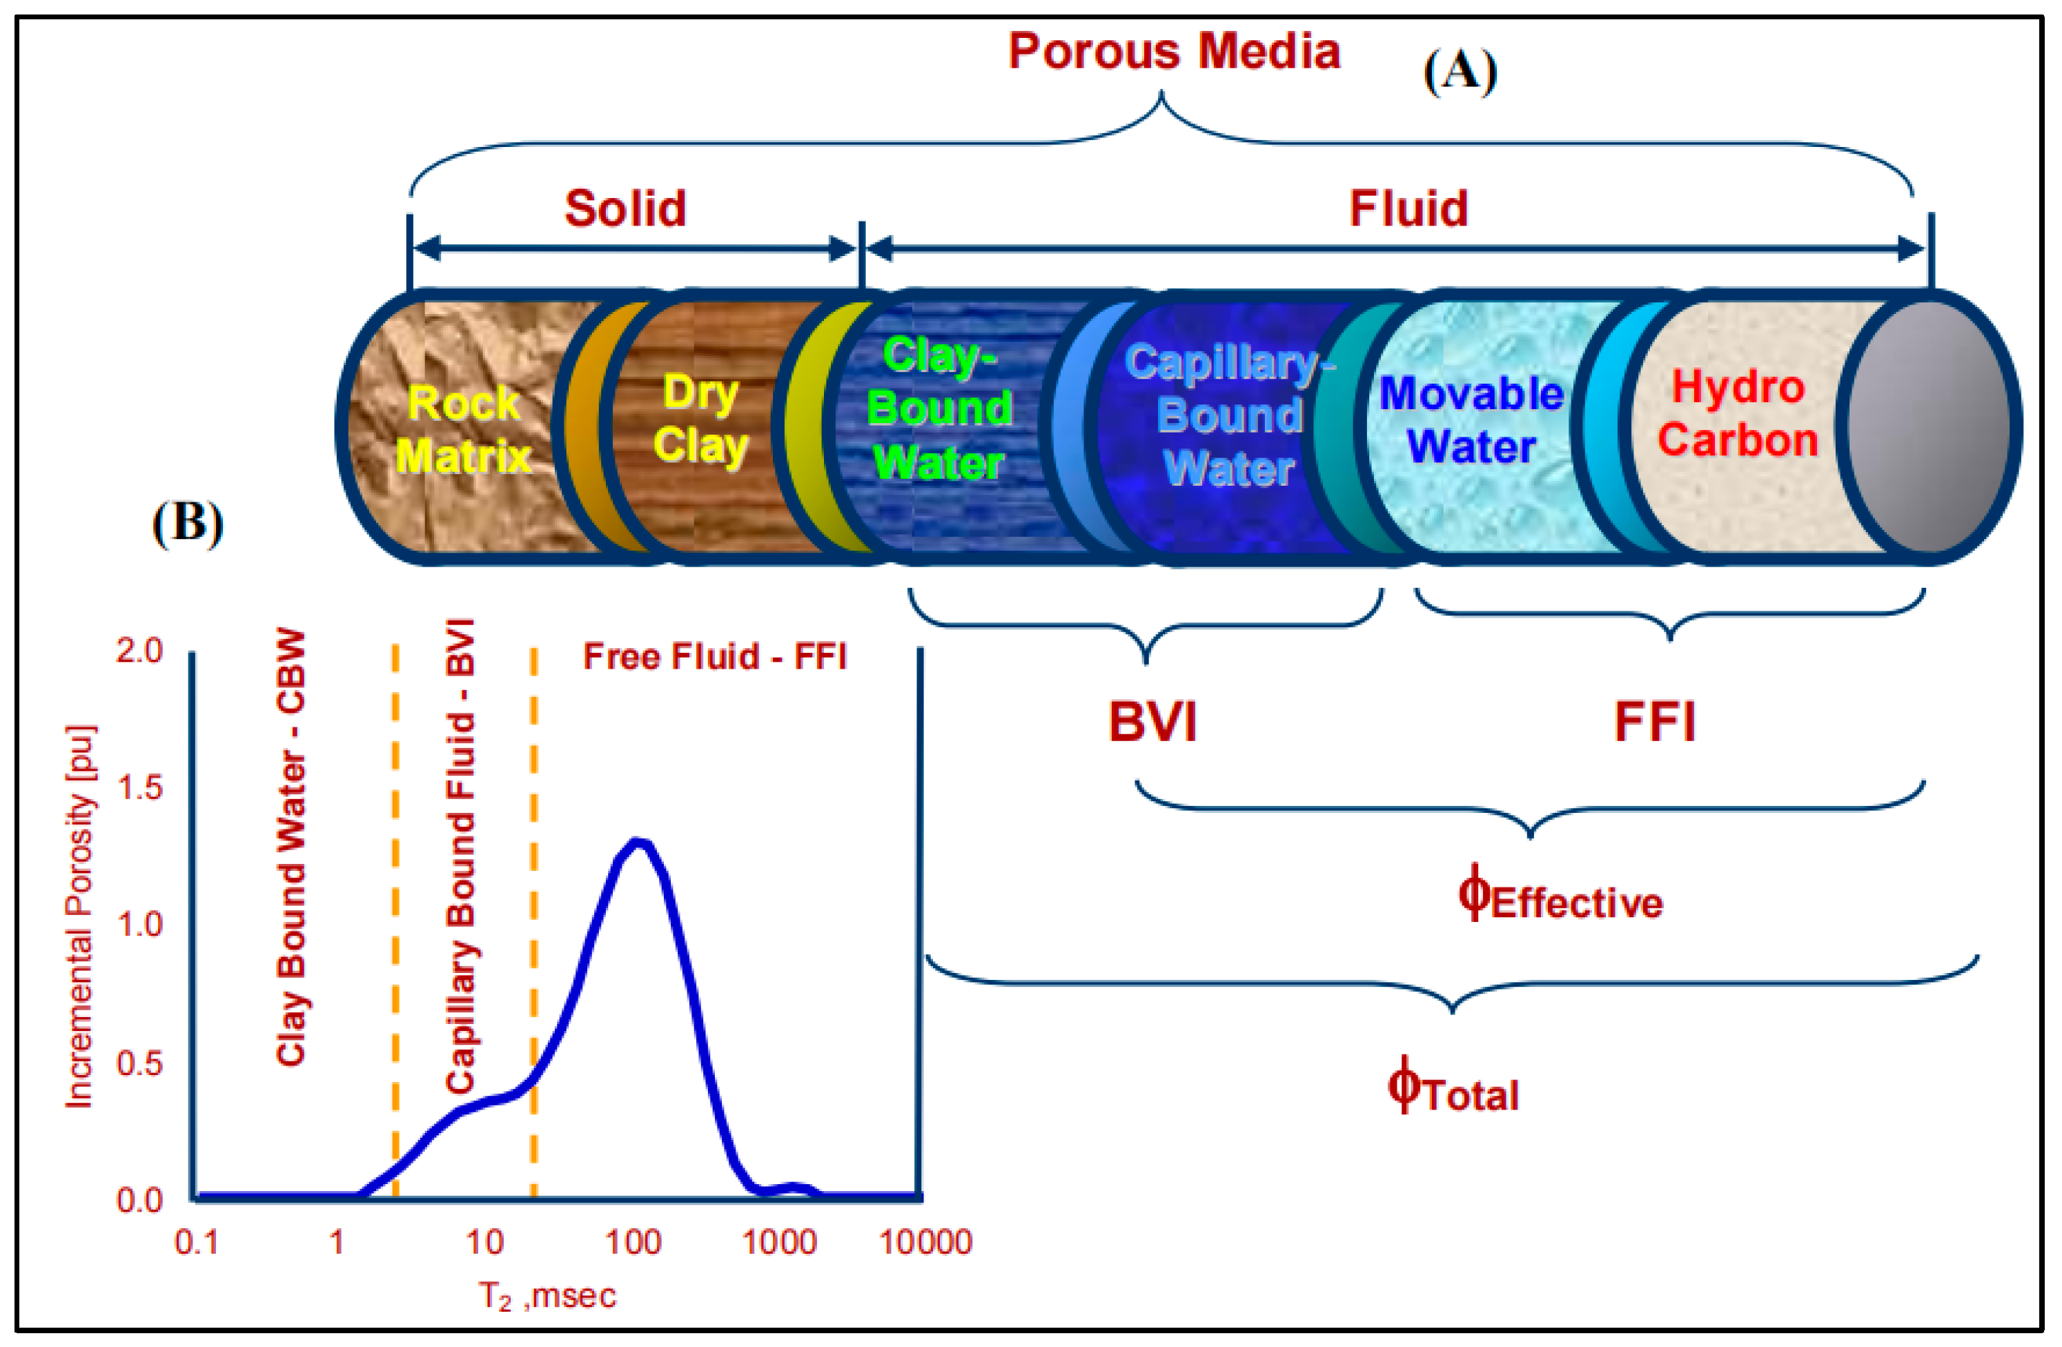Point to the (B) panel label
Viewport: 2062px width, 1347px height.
[x=187, y=523]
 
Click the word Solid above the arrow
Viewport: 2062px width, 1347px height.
[x=625, y=209]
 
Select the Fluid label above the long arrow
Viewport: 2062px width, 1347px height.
[x=1408, y=209]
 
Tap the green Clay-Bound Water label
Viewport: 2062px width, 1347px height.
[x=939, y=409]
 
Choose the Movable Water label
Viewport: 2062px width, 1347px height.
[x=1471, y=420]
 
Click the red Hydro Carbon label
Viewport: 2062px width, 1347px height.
[x=1737, y=414]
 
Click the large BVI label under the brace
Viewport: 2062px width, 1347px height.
[x=1152, y=722]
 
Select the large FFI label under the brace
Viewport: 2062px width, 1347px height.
[x=1654, y=722]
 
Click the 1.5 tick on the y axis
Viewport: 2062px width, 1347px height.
[x=139, y=787]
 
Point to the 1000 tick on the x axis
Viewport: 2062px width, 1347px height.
[x=779, y=1242]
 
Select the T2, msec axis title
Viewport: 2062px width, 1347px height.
[x=547, y=1297]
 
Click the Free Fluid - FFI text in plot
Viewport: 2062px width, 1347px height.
[x=715, y=657]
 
